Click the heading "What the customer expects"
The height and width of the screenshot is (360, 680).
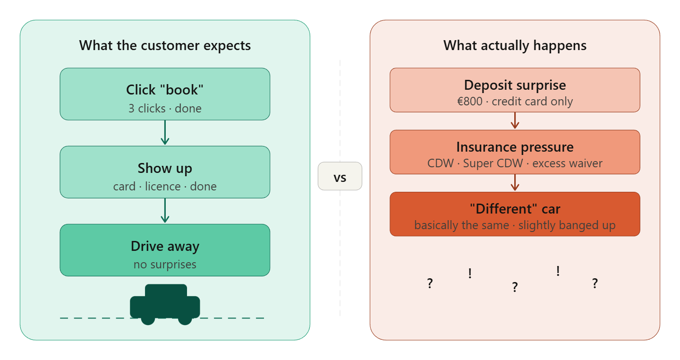point(165,46)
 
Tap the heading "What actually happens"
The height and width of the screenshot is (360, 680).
point(515,46)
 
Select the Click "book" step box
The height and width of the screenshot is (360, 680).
point(165,94)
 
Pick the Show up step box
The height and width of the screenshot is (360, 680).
point(165,172)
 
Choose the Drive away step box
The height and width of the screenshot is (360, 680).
point(165,250)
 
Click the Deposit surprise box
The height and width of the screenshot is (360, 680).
point(515,90)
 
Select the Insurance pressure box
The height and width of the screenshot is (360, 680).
point(515,152)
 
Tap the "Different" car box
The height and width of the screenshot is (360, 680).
point(515,214)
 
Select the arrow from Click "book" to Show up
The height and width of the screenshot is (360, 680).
point(165,133)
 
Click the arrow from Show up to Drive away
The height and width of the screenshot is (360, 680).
point(165,211)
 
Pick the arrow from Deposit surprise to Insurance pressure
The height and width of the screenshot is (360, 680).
point(515,121)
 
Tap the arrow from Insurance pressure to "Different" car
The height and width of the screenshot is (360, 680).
point(515,183)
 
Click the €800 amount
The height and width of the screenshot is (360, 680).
point(470,102)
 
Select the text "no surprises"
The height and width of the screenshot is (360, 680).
point(165,265)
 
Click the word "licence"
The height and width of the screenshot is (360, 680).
point(163,187)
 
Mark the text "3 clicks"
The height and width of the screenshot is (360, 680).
point(147,109)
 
